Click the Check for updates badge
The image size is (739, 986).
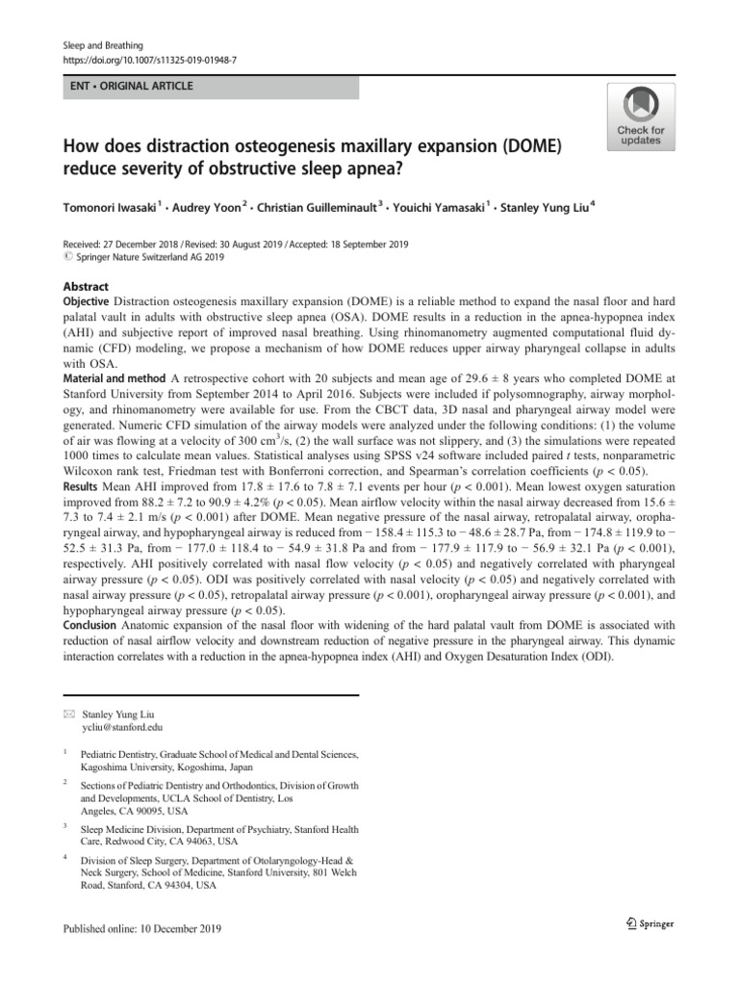pyautogui.click(x=640, y=117)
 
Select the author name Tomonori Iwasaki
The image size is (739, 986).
pyautogui.click(x=111, y=206)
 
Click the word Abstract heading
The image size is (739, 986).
pyautogui.click(x=86, y=287)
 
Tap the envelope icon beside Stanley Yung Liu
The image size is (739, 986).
pyautogui.click(x=68, y=714)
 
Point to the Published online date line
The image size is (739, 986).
pyautogui.click(x=142, y=928)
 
